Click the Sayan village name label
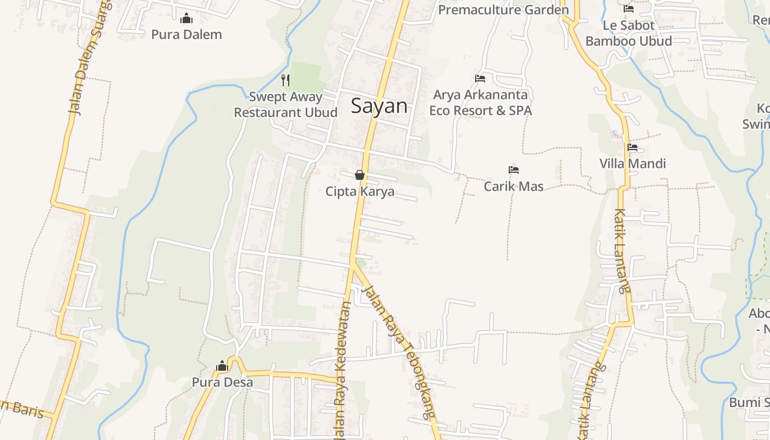[x=380, y=106]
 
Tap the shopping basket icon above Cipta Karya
[x=360, y=175]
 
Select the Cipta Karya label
[x=360, y=191]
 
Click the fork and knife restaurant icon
[x=285, y=80]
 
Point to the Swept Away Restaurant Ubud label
[x=285, y=105]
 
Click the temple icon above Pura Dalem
[x=186, y=19]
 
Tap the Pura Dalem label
[x=186, y=35]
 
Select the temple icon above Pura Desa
[x=222, y=366]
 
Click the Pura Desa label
[x=222, y=382]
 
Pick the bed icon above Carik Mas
[x=514, y=170]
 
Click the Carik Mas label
[x=514, y=186]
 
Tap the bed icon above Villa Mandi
[x=632, y=147]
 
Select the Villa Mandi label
[x=632, y=163]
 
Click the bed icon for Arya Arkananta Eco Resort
[x=480, y=79]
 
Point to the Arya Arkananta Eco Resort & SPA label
[x=480, y=103]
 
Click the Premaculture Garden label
[x=503, y=10]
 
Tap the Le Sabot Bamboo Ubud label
[x=629, y=33]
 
